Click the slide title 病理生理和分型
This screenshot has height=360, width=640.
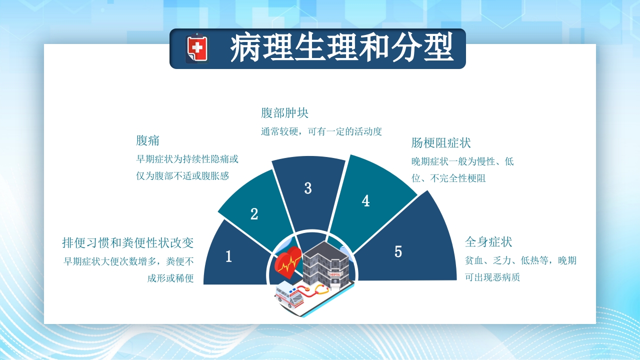pyautogui.click(x=341, y=48)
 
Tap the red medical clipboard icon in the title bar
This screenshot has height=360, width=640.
pyautogui.click(x=197, y=48)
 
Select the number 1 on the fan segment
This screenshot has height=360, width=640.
pyautogui.click(x=228, y=256)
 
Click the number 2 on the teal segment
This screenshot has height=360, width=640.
pyautogui.click(x=254, y=214)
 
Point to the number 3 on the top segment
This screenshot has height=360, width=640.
pyautogui.click(x=308, y=188)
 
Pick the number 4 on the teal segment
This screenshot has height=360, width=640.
pyautogui.click(x=365, y=201)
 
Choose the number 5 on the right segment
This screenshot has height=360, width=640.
pyautogui.click(x=398, y=251)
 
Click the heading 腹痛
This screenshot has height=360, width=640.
pyautogui.click(x=147, y=140)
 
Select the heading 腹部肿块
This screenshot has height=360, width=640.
pyautogui.click(x=284, y=112)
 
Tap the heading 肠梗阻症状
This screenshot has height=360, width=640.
pyautogui.click(x=441, y=143)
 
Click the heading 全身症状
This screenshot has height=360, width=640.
pyautogui.click(x=488, y=242)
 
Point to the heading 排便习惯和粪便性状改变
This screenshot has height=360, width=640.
pyautogui.click(x=127, y=243)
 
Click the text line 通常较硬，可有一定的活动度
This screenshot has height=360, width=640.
pyautogui.click(x=321, y=131)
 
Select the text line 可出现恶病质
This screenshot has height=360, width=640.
pyautogui.click(x=492, y=277)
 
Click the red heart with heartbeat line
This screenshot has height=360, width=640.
pyautogui.click(x=287, y=263)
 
